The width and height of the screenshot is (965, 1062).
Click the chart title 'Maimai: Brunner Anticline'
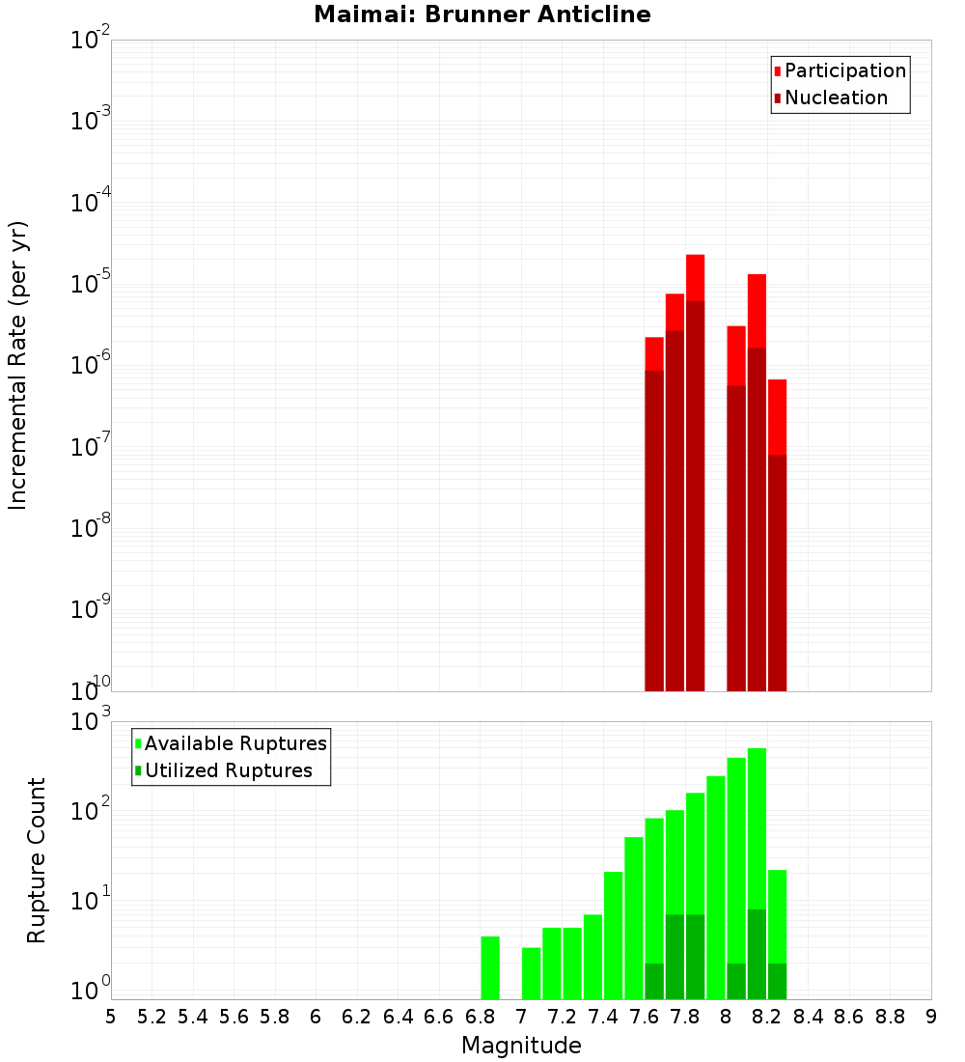[x=482, y=15]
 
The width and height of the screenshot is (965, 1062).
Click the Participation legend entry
[x=844, y=71]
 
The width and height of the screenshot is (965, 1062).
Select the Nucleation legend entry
[x=835, y=98]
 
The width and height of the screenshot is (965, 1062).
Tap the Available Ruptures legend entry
[x=234, y=743]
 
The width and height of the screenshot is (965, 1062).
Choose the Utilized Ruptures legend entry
[x=227, y=770]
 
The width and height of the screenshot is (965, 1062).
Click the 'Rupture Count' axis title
[x=36, y=859]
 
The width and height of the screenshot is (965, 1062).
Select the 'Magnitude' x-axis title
[x=521, y=1046]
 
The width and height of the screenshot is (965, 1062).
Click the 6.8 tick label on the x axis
[x=480, y=1017]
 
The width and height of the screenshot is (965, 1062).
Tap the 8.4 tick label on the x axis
[x=808, y=1017]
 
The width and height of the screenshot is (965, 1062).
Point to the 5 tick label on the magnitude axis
[x=111, y=1017]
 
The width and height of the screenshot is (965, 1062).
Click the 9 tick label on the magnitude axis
[x=930, y=1017]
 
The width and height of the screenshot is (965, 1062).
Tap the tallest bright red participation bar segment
[x=695, y=278]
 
